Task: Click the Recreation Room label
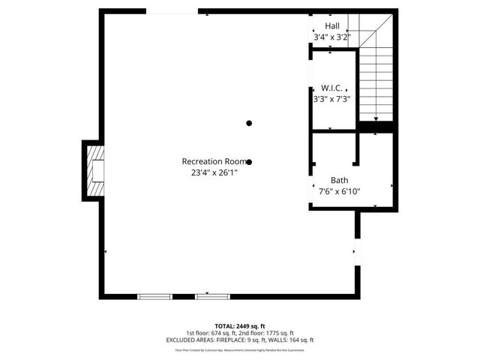(213, 161)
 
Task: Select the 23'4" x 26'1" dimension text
(214, 172)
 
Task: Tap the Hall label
(331, 25)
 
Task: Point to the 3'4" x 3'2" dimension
(331, 36)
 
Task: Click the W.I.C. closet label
(331, 88)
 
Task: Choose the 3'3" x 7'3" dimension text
(331, 98)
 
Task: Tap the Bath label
(339, 180)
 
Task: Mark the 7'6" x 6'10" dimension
(339, 190)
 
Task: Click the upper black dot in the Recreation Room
(249, 123)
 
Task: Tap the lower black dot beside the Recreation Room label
(249, 161)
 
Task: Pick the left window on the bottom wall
(154, 297)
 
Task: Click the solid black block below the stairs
(376, 128)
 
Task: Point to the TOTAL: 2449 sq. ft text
(240, 326)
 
